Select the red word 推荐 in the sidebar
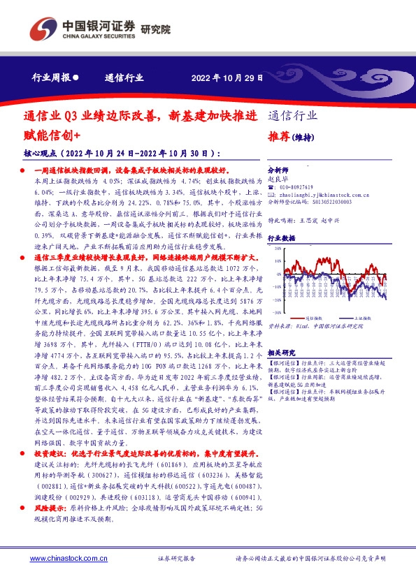279,135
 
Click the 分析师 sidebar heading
278,170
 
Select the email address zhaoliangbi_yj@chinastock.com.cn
326,196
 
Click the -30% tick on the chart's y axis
278,313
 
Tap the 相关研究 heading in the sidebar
282,353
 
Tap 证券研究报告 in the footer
176,559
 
